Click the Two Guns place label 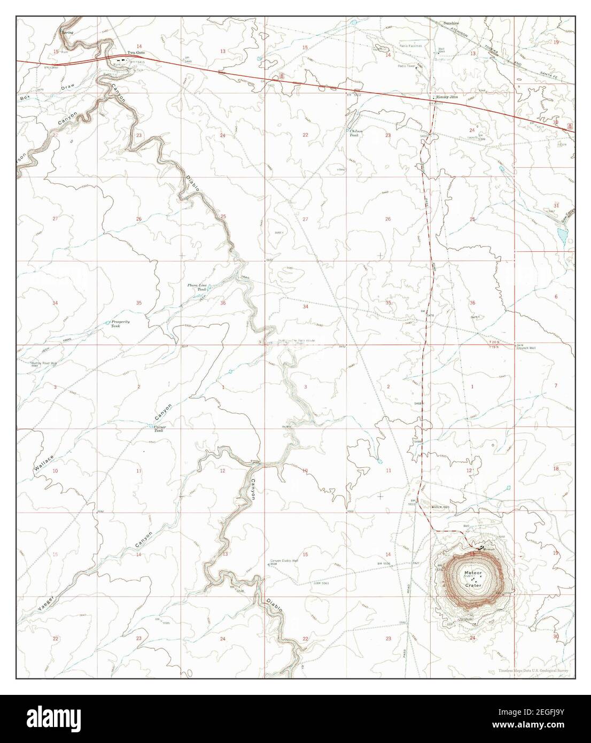135,52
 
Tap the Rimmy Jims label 447,97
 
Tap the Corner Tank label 159,428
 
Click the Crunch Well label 526,348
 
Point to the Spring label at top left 67,32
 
